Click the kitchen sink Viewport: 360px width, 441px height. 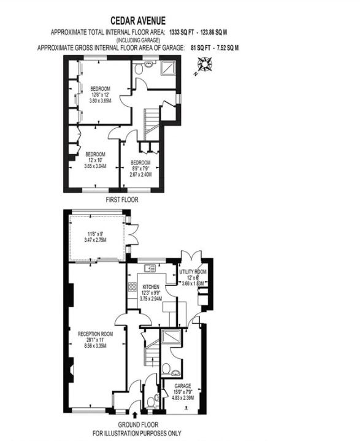[149, 269]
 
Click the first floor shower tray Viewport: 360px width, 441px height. [169, 69]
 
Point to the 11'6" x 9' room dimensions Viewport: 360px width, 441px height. [97, 237]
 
